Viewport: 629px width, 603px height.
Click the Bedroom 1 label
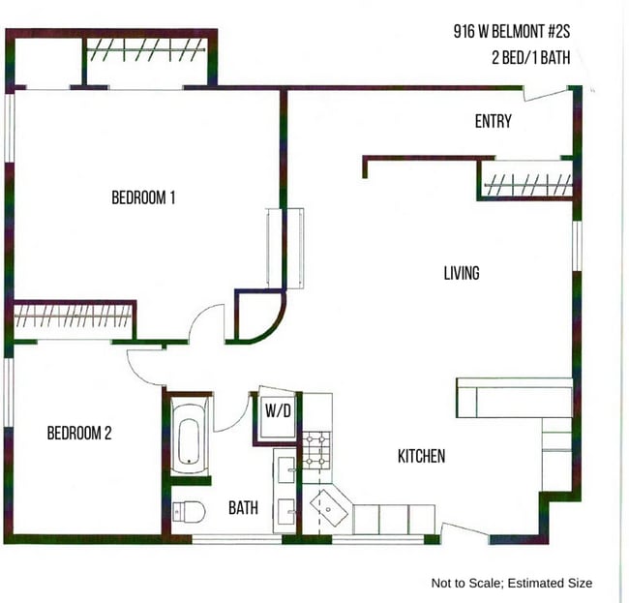pyautogui.click(x=143, y=198)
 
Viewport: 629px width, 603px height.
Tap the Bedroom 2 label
pyautogui.click(x=79, y=433)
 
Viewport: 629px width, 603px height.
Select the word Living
pyautogui.click(x=462, y=274)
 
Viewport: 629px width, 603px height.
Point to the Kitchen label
pyautogui.click(x=421, y=456)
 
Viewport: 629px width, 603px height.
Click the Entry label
pyautogui.click(x=493, y=122)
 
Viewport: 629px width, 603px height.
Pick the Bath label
pyautogui.click(x=243, y=507)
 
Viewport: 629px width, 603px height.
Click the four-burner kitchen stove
pyautogui.click(x=316, y=449)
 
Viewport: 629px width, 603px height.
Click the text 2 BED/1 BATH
pyautogui.click(x=529, y=57)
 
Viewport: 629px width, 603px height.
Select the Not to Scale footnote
pyautogui.click(x=511, y=584)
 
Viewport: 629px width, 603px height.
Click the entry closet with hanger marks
pyautogui.click(x=527, y=181)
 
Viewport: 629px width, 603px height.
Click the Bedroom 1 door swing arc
pyautogui.click(x=206, y=322)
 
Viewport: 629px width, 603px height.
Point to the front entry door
pyautogui.click(x=543, y=93)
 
